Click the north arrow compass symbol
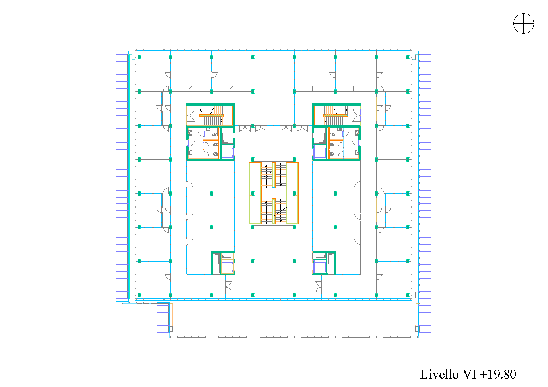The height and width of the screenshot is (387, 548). tap(523, 23)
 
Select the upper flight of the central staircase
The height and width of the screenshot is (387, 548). tap(274, 175)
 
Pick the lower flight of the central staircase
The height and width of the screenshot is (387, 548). tap(274, 211)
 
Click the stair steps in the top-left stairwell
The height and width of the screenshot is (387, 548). tap(211, 115)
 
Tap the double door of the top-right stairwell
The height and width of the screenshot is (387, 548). tap(357, 115)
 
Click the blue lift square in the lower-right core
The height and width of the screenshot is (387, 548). tap(319, 267)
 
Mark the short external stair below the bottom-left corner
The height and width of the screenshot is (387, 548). tap(163, 319)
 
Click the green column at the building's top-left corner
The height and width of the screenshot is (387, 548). tap(139, 57)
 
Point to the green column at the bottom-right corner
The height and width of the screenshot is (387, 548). tap(408, 295)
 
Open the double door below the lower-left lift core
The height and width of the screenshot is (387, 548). tap(228, 287)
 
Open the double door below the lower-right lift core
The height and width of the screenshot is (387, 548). tap(319, 287)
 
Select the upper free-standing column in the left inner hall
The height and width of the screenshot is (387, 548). tap(212, 193)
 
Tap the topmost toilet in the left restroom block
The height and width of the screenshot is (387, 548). tap(215, 134)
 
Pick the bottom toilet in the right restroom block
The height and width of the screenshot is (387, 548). tap(332, 154)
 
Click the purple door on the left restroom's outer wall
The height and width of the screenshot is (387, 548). tap(188, 143)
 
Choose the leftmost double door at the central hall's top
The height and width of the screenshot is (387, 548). tap(245, 128)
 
